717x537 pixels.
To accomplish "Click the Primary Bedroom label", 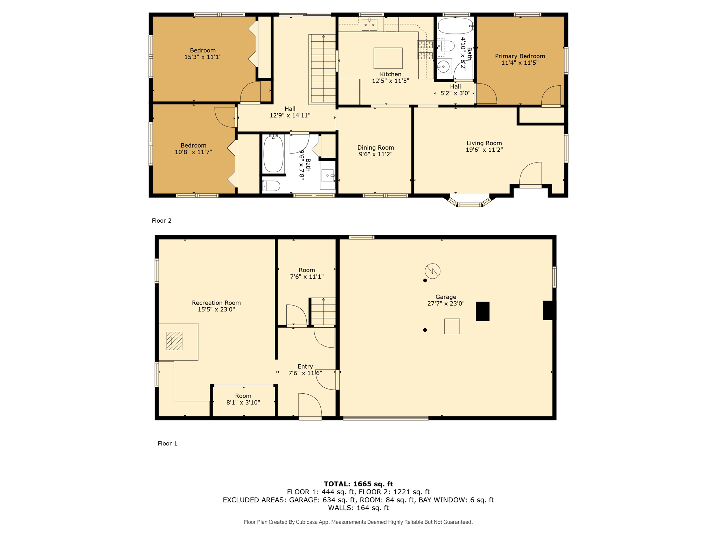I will point(520,56).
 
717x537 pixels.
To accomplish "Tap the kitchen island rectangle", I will point(388,58).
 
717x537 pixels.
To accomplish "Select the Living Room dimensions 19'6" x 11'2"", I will point(484,150).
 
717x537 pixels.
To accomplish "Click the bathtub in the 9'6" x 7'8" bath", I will point(273,154).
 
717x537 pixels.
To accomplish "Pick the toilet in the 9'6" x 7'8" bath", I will point(272,186).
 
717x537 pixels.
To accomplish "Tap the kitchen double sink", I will point(369,25).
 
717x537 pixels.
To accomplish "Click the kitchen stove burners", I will point(425,50).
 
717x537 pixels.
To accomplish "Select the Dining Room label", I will point(375,148).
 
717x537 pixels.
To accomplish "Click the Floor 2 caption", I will point(161,221).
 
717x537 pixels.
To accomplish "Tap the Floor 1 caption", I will point(167,443).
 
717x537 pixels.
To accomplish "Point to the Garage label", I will point(446,297).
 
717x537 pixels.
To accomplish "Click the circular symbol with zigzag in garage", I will point(432,271).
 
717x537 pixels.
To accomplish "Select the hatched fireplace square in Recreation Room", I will point(174,341).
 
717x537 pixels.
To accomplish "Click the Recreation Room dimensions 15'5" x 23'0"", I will point(216,309).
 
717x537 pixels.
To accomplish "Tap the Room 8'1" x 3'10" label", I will point(243,396).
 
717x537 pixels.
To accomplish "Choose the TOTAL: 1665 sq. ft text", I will point(358,484).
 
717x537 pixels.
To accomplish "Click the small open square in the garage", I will point(452,326).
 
